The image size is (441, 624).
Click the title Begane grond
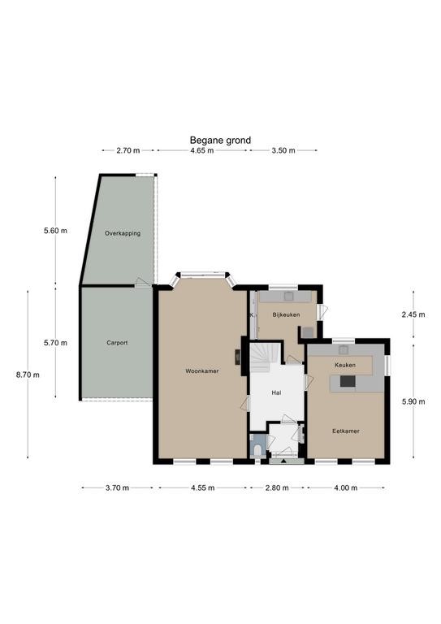[x=220, y=140]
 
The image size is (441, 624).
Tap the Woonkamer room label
[x=202, y=370]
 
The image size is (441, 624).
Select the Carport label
[x=117, y=343]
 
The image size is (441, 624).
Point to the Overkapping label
[x=123, y=233]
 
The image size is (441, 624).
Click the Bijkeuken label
[x=286, y=314]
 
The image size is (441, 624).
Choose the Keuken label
[x=345, y=365]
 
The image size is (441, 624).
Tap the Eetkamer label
[x=346, y=431]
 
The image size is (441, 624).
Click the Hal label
[x=276, y=392]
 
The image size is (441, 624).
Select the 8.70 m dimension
[x=28, y=375]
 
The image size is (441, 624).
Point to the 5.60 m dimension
[x=56, y=231]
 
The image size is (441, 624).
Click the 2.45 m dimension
[x=413, y=314]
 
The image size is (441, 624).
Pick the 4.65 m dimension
[x=202, y=150]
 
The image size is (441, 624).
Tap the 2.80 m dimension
[x=277, y=487]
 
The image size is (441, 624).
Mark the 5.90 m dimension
[x=413, y=401]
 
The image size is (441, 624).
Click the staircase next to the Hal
[x=260, y=357]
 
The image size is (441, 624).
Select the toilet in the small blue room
[x=257, y=450]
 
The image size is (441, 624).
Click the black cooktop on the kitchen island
[x=348, y=381]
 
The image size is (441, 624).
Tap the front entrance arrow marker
[x=283, y=461]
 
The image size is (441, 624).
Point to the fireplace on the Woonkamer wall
[x=237, y=357]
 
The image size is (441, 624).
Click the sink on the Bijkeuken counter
[x=288, y=297]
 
